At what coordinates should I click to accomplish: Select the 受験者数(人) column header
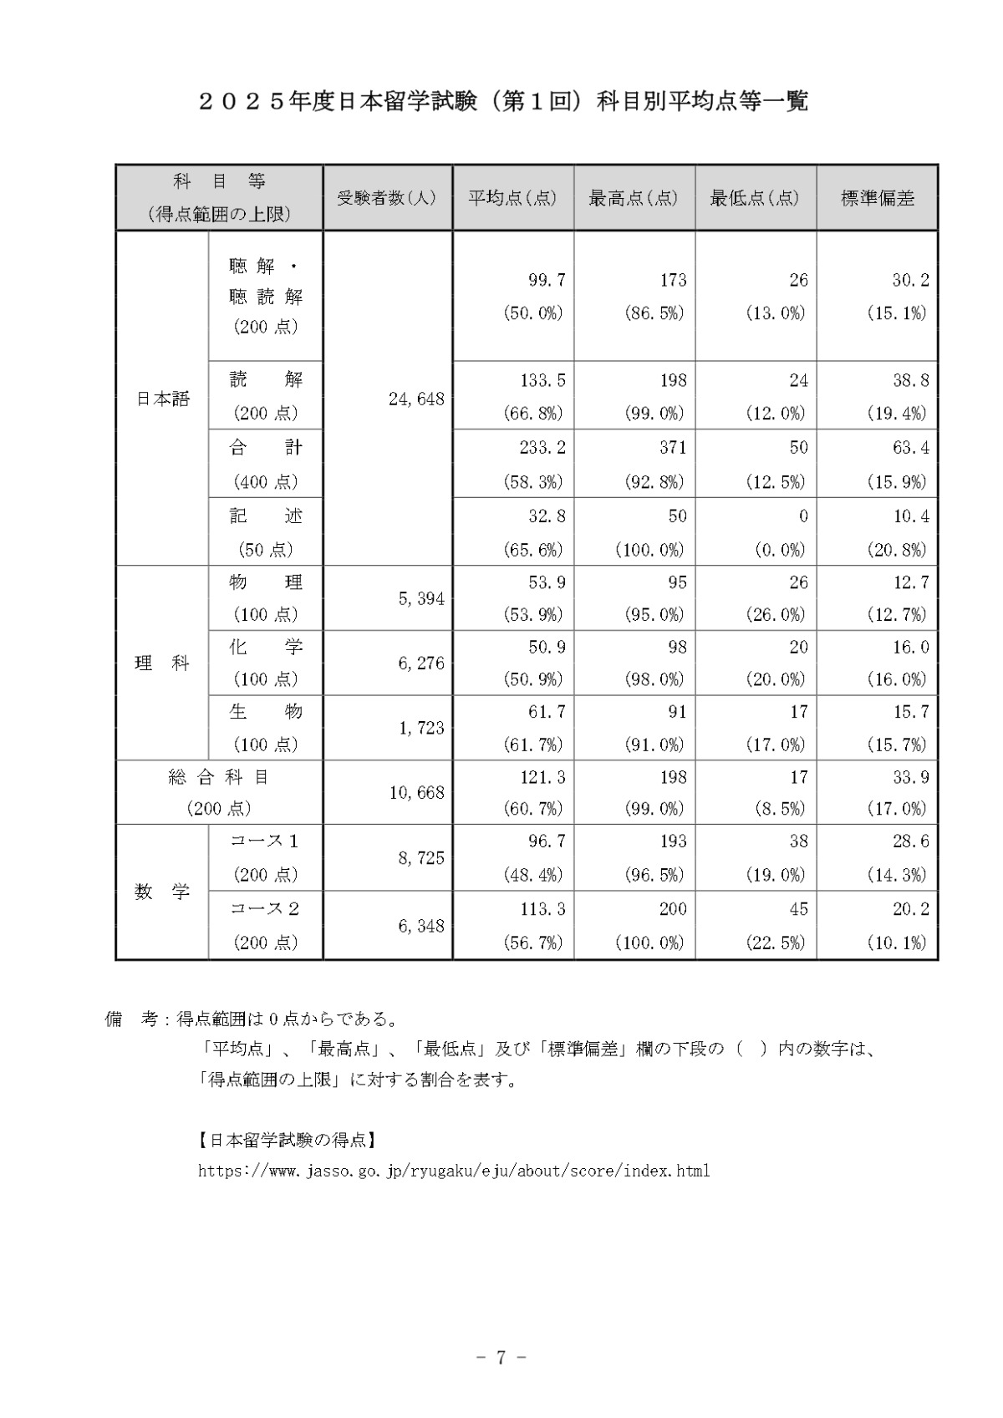pyautogui.click(x=387, y=198)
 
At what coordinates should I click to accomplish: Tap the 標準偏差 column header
pyautogui.click(x=877, y=198)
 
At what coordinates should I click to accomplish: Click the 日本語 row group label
pyautogui.click(x=163, y=399)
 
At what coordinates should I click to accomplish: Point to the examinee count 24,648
pyautogui.click(x=416, y=399)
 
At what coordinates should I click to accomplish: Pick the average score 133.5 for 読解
pyautogui.click(x=542, y=380)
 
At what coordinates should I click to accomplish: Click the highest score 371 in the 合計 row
pyautogui.click(x=672, y=448)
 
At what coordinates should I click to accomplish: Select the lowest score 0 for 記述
pyautogui.click(x=802, y=516)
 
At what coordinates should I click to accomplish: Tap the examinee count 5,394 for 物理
pyautogui.click(x=421, y=598)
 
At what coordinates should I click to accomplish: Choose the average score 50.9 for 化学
pyautogui.click(x=547, y=647)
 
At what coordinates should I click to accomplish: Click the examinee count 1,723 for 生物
pyautogui.click(x=421, y=728)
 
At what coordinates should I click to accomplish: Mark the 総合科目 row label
pyautogui.click(x=219, y=777)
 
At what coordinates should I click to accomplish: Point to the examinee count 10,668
pyautogui.click(x=416, y=792)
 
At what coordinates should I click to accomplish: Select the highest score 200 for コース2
pyautogui.click(x=672, y=909)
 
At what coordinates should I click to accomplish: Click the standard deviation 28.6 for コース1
pyautogui.click(x=910, y=841)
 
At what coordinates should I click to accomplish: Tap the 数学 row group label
pyautogui.click(x=163, y=892)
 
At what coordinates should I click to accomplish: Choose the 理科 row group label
pyautogui.click(x=163, y=663)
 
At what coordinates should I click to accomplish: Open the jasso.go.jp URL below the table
pyautogui.click(x=454, y=1171)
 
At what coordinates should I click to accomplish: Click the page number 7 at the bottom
pyautogui.click(x=501, y=1358)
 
